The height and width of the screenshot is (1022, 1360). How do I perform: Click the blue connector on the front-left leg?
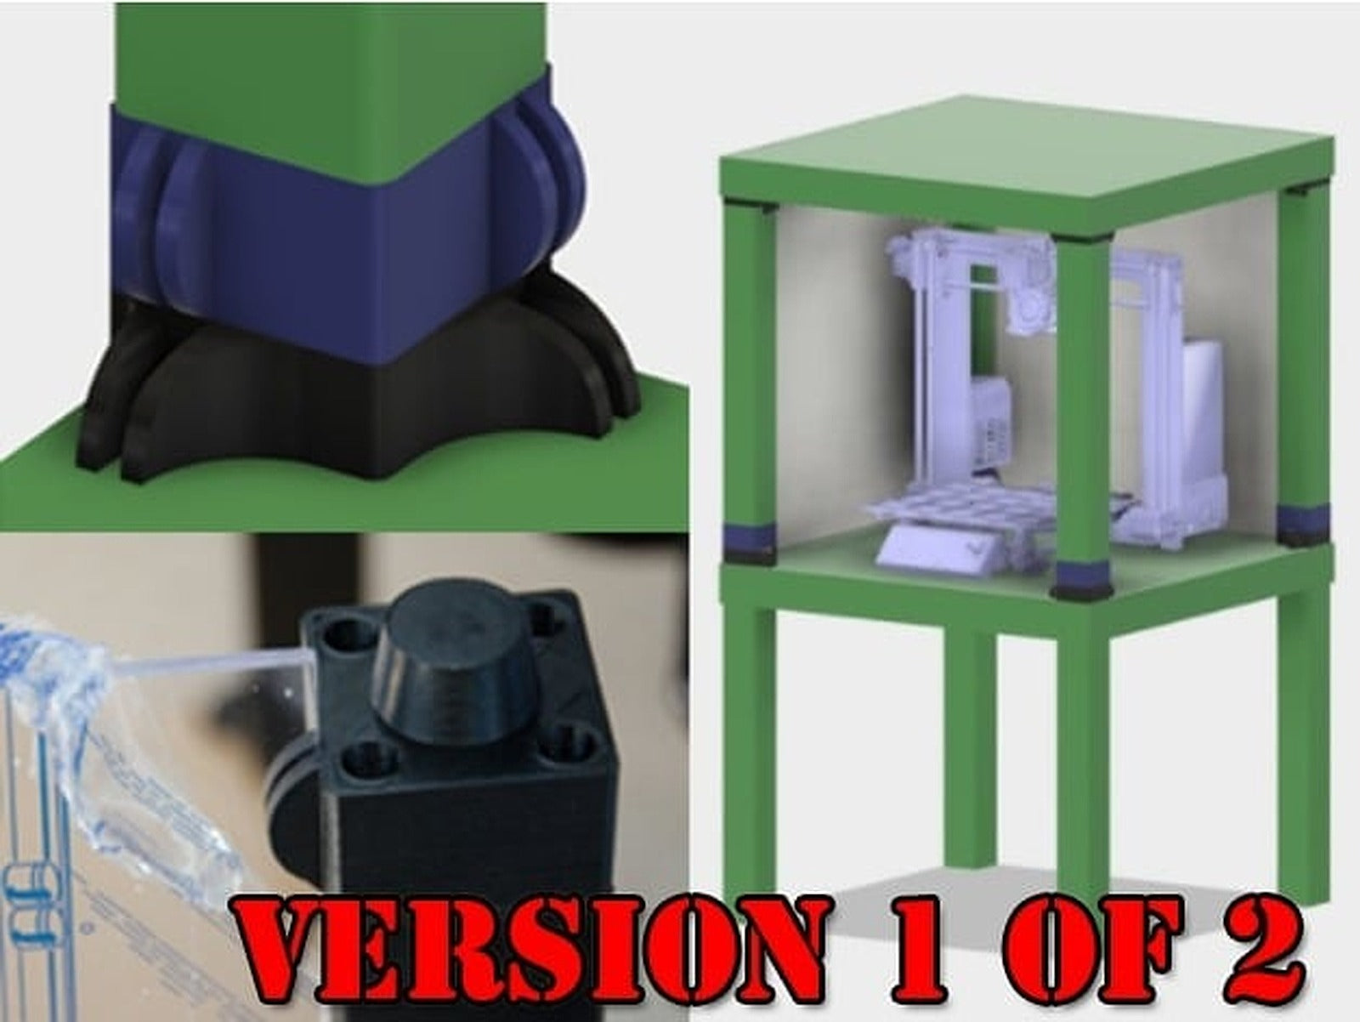[749, 538]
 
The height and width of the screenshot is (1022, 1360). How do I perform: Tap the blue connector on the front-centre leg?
[1081, 576]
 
